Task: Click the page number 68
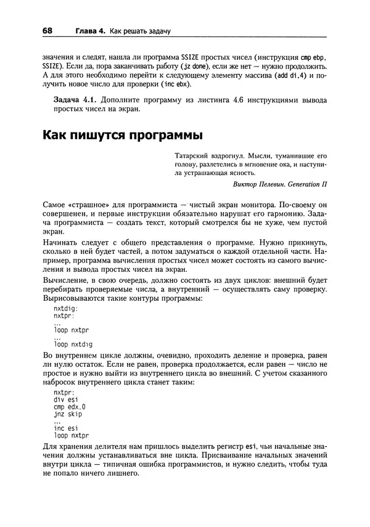pyautogui.click(x=48, y=30)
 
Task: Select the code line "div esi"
pyautogui.click(x=64, y=401)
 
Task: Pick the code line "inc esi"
pyautogui.click(x=65, y=430)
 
